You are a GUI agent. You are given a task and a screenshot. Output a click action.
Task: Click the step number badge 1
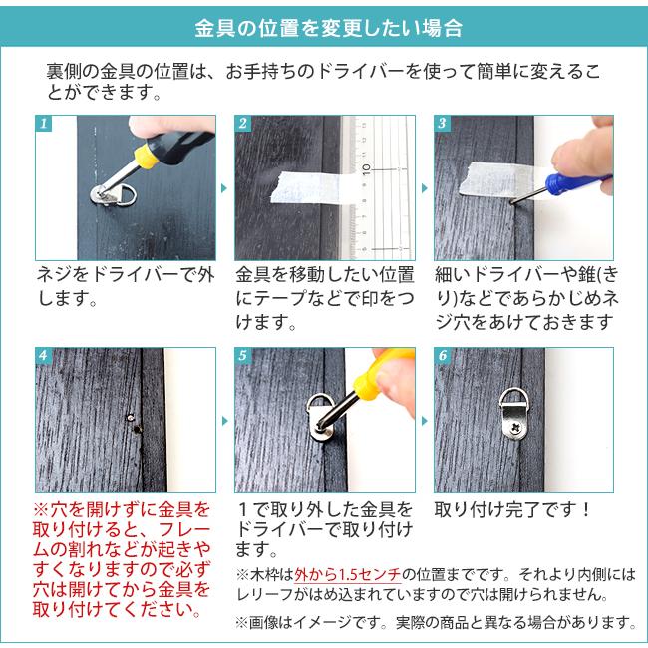(x=43, y=125)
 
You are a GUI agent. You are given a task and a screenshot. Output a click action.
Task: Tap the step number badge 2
(x=242, y=125)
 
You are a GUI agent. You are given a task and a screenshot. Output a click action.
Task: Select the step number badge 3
(x=442, y=125)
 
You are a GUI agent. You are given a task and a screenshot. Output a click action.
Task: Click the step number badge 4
(x=43, y=356)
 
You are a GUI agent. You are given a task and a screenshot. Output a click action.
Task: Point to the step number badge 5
(x=242, y=356)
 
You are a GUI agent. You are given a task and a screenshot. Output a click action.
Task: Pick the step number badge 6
(x=442, y=356)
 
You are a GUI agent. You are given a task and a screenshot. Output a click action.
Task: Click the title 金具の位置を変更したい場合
(x=324, y=27)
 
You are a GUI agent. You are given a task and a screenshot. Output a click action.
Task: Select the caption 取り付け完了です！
(x=513, y=509)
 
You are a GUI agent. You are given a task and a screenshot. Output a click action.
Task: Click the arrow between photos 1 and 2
(x=224, y=187)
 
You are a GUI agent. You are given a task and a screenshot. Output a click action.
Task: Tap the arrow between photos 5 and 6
(x=424, y=420)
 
